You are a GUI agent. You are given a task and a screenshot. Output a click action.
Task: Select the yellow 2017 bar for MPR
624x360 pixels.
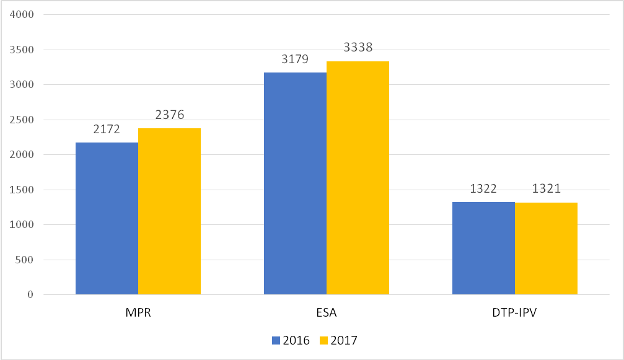pyautogui.click(x=169, y=211)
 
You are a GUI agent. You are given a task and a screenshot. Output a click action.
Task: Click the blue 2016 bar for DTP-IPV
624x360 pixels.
pyautogui.click(x=483, y=248)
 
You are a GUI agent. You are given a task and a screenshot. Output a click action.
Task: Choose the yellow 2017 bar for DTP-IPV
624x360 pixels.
pyautogui.click(x=546, y=248)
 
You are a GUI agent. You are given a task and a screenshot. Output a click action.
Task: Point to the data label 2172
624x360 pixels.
pyautogui.click(x=107, y=130)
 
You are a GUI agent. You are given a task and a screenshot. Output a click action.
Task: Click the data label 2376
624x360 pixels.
pyautogui.click(x=169, y=115)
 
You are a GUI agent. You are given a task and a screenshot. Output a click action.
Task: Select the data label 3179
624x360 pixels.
pyautogui.click(x=295, y=59)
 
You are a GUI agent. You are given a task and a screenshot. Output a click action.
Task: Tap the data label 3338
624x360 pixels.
pyautogui.click(x=358, y=48)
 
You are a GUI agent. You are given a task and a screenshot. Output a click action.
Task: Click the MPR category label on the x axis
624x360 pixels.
pyautogui.click(x=138, y=312)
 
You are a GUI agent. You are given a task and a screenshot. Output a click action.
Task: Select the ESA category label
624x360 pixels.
pyautogui.click(x=326, y=312)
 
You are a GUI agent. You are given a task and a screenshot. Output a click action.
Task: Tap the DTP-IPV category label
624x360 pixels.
pyautogui.click(x=515, y=312)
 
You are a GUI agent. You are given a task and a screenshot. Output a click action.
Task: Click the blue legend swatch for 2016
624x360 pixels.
pyautogui.click(x=276, y=340)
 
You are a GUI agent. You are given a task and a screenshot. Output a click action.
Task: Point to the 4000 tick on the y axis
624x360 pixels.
pyautogui.click(x=22, y=14)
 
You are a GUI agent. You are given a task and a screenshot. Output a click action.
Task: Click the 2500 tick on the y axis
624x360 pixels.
pyautogui.click(x=22, y=120)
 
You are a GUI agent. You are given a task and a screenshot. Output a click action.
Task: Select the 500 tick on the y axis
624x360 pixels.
pyautogui.click(x=25, y=260)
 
